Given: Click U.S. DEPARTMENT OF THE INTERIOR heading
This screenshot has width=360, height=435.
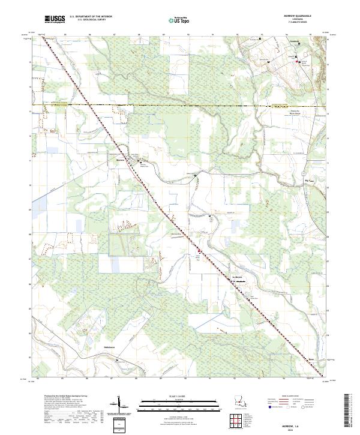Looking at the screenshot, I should (91, 17).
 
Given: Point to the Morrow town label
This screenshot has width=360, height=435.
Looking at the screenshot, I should (119, 160).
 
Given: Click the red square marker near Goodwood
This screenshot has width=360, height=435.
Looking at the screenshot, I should (295, 62).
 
